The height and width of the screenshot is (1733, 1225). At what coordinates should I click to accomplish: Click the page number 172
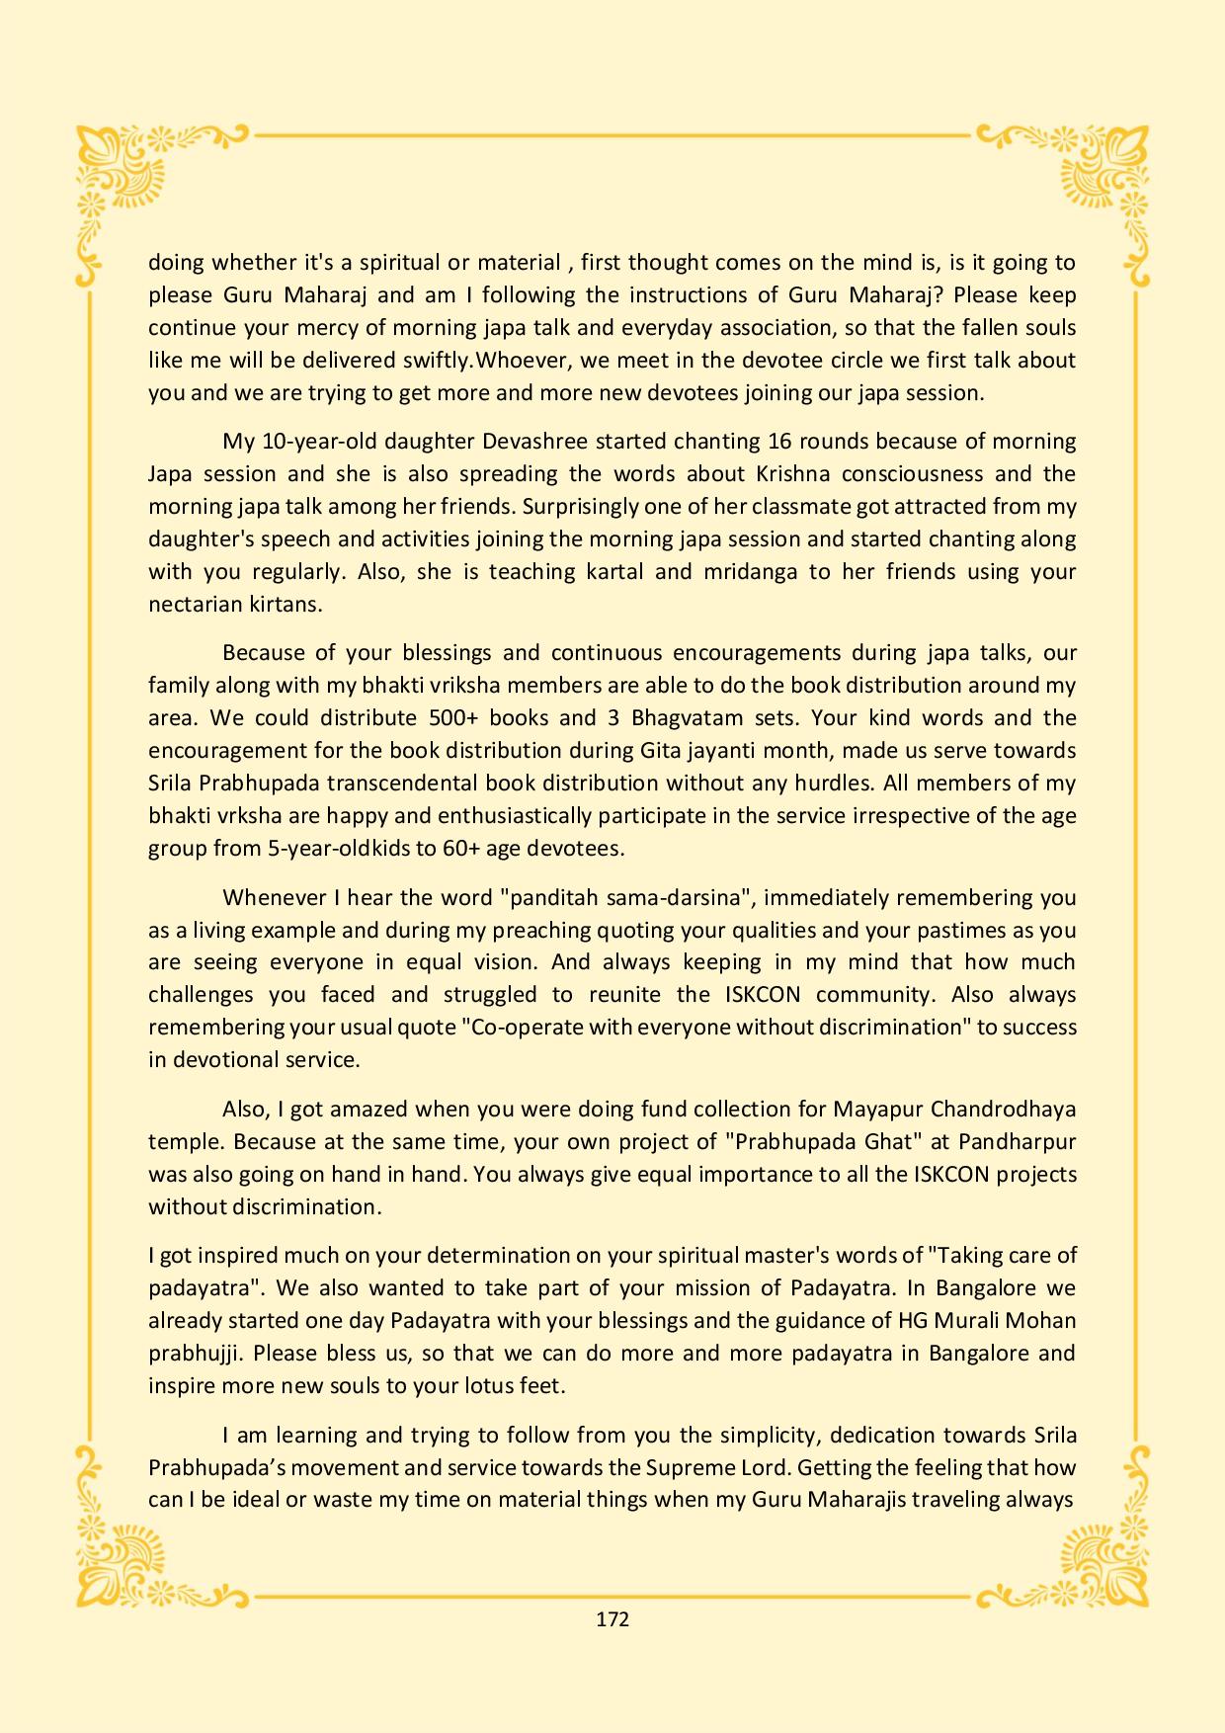point(612,1619)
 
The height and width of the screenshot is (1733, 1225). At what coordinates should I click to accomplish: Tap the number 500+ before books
point(455,717)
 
